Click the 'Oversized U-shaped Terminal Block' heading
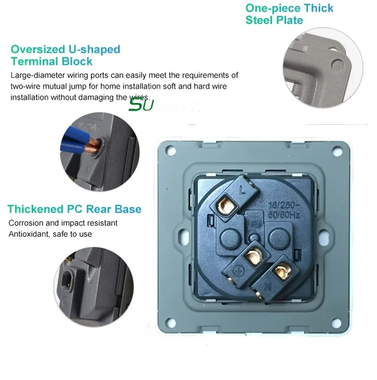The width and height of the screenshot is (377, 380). click(x=65, y=55)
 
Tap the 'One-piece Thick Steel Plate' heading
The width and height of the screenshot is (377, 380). click(x=289, y=14)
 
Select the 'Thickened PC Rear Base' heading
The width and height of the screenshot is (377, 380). click(x=74, y=209)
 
